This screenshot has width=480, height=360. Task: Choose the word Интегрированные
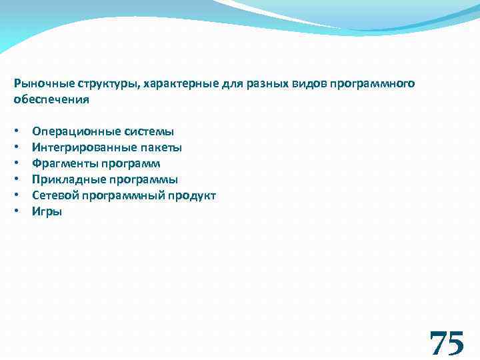click(81, 148)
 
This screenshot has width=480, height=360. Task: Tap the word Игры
click(47, 212)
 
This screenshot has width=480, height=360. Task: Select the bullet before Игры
click(16, 212)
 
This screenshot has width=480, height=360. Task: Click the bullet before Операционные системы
click(16, 132)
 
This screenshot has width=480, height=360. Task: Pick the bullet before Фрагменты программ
click(16, 164)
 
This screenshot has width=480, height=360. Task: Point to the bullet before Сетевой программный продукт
click(16, 196)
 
